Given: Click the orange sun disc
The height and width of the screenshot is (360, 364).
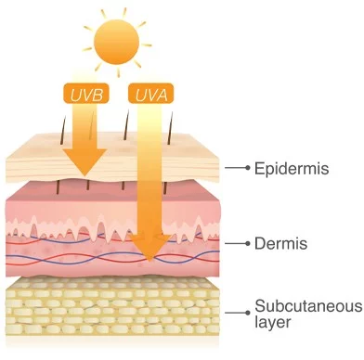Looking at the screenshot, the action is (x=117, y=42).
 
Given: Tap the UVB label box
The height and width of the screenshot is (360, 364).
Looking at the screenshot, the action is (x=86, y=94).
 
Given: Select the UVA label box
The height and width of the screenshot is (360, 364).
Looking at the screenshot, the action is (x=151, y=94).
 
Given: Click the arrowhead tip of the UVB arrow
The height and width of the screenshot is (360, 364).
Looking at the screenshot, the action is (x=85, y=177).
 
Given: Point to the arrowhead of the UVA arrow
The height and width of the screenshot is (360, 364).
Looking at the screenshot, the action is (x=150, y=248).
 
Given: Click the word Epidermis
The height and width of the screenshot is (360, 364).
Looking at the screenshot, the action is (x=292, y=169).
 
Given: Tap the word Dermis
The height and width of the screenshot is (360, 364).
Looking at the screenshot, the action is (x=281, y=243).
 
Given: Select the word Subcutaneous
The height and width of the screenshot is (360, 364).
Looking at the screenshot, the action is (x=308, y=306).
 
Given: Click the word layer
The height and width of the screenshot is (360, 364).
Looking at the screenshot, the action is (x=273, y=322).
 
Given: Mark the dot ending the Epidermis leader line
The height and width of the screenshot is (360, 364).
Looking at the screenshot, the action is (x=247, y=168).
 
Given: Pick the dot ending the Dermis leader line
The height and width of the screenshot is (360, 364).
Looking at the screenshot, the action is (x=247, y=244).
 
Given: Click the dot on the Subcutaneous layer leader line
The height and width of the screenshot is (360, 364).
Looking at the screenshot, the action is (x=247, y=313).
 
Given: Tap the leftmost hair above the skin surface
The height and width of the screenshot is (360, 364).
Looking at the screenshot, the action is (x=63, y=130).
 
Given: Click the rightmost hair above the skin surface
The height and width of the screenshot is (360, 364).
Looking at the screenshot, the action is (x=170, y=128).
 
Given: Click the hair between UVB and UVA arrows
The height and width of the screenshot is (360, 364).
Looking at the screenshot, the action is (x=125, y=128).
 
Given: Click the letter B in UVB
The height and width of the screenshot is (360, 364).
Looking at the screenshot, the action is (x=97, y=95).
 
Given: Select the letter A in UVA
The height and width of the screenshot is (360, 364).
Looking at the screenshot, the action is (x=161, y=95).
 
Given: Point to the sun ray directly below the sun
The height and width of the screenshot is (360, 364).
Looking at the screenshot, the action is (x=118, y=72).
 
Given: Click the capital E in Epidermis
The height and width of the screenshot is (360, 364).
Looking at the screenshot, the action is (x=259, y=168).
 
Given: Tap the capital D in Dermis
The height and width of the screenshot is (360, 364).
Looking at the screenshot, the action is (x=260, y=243).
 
